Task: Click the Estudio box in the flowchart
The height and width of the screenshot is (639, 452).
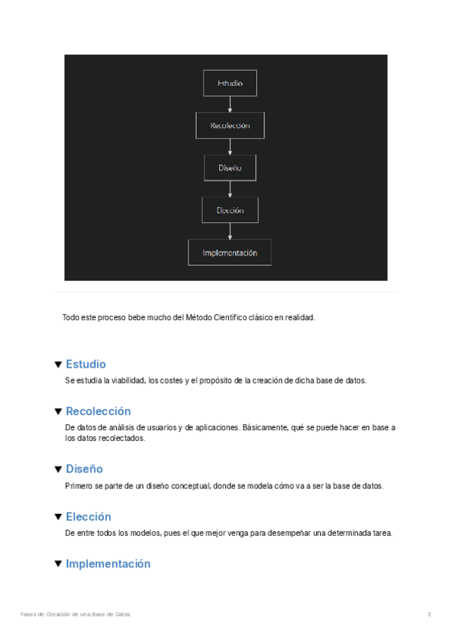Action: tap(230, 83)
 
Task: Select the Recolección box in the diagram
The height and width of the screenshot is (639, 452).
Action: tap(230, 125)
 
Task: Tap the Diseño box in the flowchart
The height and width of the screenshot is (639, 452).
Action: tap(230, 167)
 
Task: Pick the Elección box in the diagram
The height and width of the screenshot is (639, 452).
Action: tap(230, 210)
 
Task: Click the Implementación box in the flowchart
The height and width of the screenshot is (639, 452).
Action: tap(230, 252)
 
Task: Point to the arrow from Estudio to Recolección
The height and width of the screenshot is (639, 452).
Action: tap(230, 104)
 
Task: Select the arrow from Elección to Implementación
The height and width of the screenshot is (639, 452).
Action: tap(230, 231)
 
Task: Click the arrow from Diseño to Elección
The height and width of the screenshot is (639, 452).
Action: tap(230, 188)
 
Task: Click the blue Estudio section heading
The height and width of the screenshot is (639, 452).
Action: tap(86, 364)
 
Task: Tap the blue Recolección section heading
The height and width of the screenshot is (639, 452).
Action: tap(98, 411)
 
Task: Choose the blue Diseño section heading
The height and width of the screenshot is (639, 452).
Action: tap(84, 469)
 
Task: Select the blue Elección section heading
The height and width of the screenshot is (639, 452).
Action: tap(88, 517)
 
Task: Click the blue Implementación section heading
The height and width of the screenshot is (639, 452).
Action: tap(108, 564)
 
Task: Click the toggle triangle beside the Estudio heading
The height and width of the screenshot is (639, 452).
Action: tap(58, 365)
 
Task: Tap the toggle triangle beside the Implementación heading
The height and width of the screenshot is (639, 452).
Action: tap(58, 564)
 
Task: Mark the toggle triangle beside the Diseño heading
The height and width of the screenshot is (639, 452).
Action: tap(58, 469)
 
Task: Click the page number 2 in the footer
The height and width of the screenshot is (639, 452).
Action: tap(429, 615)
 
